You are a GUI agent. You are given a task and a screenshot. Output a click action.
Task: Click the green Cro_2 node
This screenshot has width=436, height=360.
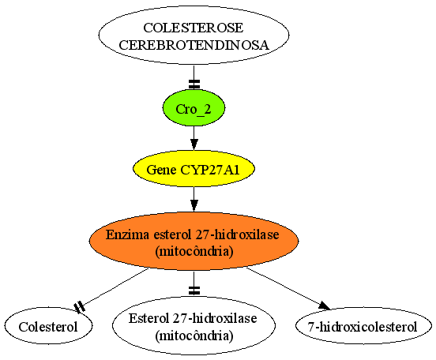click(x=194, y=108)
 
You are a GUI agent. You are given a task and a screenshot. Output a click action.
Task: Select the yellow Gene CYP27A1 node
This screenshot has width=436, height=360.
click(x=194, y=169)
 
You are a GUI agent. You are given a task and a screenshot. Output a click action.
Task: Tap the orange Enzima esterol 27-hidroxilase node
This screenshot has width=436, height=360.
click(x=194, y=242)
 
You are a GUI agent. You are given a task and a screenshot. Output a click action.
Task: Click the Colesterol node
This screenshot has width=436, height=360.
click(x=48, y=325)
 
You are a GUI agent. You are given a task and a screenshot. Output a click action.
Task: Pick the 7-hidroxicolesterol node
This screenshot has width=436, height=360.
click(x=363, y=326)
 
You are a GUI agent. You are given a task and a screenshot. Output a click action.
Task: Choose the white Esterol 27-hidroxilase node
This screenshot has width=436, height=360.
click(x=194, y=325)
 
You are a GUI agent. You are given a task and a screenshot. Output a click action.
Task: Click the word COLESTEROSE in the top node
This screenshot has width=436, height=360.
click(x=194, y=28)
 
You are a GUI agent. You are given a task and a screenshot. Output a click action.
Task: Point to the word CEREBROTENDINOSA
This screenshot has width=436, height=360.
click(x=194, y=45)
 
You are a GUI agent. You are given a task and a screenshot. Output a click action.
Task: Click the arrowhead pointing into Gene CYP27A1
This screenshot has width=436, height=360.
click(x=194, y=144)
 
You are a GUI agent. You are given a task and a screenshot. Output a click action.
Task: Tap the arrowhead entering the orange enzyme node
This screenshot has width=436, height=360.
click(x=194, y=206)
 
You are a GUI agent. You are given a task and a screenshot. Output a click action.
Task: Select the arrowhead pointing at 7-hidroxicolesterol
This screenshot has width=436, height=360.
click(x=324, y=306)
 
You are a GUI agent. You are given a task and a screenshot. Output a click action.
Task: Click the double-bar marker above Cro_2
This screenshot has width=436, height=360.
click(x=194, y=84)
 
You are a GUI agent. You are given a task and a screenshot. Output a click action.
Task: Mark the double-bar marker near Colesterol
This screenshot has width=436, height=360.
click(x=80, y=307)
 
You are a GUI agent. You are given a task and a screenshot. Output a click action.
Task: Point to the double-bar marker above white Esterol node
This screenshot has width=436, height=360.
click(x=194, y=291)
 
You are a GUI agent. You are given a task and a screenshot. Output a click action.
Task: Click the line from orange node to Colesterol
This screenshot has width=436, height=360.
click(x=114, y=288)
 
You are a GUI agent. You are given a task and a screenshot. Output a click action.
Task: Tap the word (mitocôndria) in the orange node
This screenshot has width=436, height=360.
click(x=194, y=251)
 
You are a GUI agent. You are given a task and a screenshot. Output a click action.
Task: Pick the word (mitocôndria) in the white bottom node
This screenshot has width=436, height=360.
click(x=194, y=336)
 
